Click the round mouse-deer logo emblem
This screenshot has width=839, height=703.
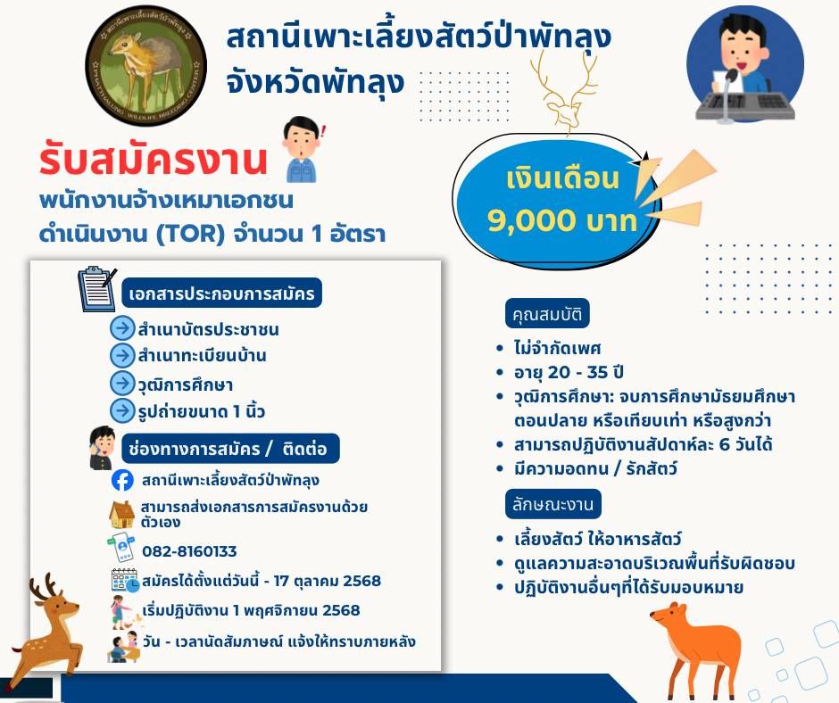pyautogui.click(x=145, y=66)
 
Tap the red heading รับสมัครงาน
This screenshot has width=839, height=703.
pyautogui.click(x=153, y=160)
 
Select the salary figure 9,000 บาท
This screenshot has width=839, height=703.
pyautogui.click(x=561, y=219)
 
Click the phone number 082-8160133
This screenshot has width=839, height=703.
pyautogui.click(x=189, y=551)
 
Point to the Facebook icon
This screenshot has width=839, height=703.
pyautogui.click(x=122, y=480)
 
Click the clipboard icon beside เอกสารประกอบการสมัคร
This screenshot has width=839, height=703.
pyautogui.click(x=97, y=288)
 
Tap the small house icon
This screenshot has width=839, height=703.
pyautogui.click(x=121, y=514)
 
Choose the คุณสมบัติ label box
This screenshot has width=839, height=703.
pyautogui.click(x=547, y=313)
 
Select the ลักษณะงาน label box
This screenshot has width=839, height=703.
pyautogui.click(x=552, y=504)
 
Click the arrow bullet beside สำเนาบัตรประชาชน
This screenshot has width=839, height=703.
pyautogui.click(x=122, y=327)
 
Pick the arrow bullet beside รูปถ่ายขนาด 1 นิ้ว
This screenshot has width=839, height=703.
pyautogui.click(x=122, y=410)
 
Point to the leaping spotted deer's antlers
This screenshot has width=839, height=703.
pyautogui.click(x=44, y=587)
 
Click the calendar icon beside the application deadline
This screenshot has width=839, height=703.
pyautogui.click(x=125, y=581)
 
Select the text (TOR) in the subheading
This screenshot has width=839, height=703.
pyautogui.click(x=190, y=234)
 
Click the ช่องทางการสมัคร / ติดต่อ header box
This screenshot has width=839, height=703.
pyautogui.click(x=230, y=449)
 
